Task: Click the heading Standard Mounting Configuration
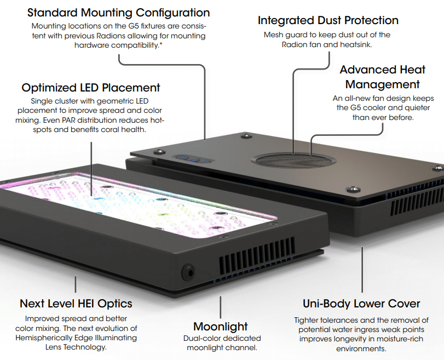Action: click(118, 13)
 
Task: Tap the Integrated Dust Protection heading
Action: click(328, 21)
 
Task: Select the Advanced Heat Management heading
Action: click(382, 77)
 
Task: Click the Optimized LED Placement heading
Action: click(91, 88)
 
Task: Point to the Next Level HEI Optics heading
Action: click(76, 303)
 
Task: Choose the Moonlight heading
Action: click(221, 327)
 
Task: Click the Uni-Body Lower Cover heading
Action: click(361, 304)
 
